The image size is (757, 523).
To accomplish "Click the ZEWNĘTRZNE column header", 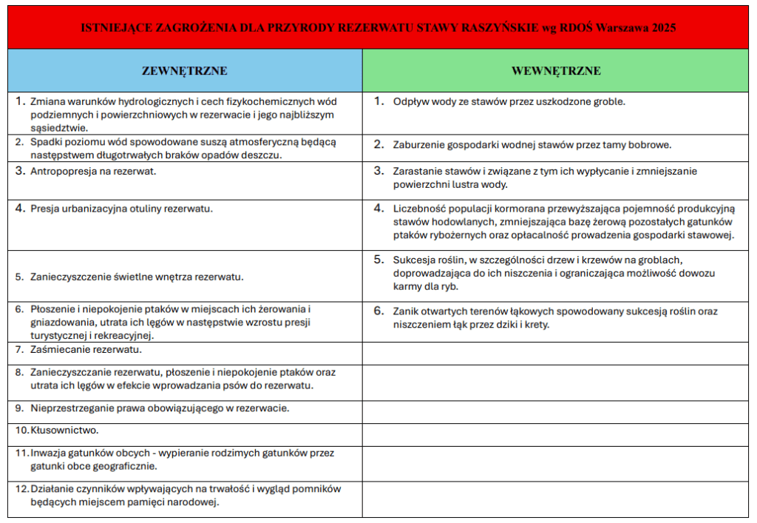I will [184, 71].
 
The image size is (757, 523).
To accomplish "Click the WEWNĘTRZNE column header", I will [556, 71].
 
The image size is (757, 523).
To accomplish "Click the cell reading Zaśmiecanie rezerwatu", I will [86, 349].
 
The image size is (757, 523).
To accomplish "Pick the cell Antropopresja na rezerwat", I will [93, 171].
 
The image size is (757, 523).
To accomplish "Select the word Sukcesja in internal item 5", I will [414, 260].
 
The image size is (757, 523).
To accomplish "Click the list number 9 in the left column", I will [20, 408].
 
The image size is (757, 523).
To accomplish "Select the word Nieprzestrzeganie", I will [72, 408].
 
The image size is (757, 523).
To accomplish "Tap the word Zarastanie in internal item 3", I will [418, 171].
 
